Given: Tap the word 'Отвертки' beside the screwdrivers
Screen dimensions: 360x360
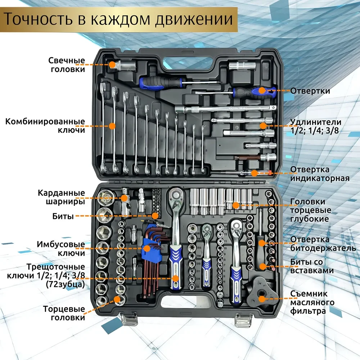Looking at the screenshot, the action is pyautogui.click(x=310, y=91).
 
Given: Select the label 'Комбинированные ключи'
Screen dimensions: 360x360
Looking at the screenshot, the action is pyautogui.click(x=45, y=126).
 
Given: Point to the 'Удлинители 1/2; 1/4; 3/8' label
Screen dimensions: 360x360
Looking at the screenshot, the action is pyautogui.click(x=316, y=126).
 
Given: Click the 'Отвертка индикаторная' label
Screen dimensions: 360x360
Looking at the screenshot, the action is pyautogui.click(x=320, y=174).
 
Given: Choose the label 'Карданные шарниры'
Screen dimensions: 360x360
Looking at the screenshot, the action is pyautogui.click(x=61, y=197).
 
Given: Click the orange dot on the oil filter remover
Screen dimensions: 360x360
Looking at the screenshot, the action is pyautogui.click(x=262, y=298).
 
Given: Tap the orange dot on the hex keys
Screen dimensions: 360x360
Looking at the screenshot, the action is pyautogui.click(x=147, y=248).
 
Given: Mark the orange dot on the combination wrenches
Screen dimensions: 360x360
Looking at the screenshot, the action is pyautogui.click(x=112, y=126).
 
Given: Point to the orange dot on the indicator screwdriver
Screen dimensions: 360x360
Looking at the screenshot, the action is pyautogui.click(x=254, y=173).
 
